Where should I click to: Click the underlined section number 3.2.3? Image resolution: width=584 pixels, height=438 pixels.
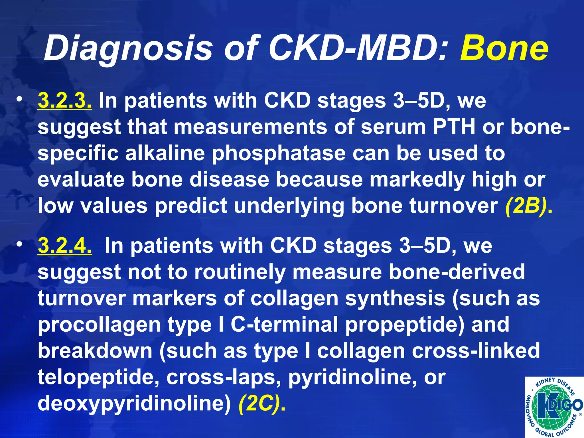[x=65, y=101]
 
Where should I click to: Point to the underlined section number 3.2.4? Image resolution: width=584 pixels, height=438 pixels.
[x=65, y=246]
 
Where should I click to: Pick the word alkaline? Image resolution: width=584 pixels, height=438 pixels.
[x=165, y=153]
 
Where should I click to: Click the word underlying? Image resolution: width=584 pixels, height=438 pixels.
[x=289, y=206]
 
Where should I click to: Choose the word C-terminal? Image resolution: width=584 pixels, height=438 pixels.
[x=284, y=325]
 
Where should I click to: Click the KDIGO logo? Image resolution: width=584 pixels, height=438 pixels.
[x=554, y=407]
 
